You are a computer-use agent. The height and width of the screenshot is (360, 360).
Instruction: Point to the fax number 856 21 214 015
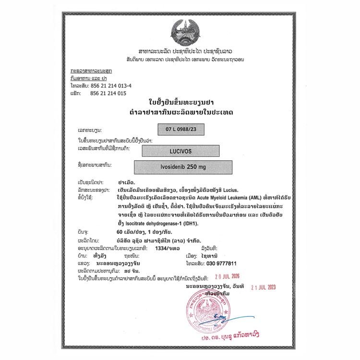(108, 94)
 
